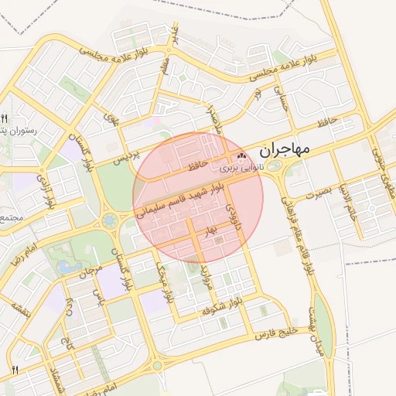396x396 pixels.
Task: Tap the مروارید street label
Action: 205,277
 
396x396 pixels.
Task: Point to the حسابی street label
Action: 280,97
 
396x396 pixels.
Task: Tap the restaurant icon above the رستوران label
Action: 4,119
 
